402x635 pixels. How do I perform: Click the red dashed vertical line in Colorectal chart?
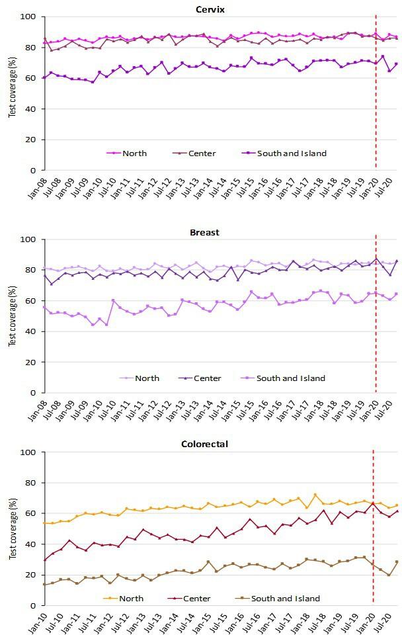tap(374, 529)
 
